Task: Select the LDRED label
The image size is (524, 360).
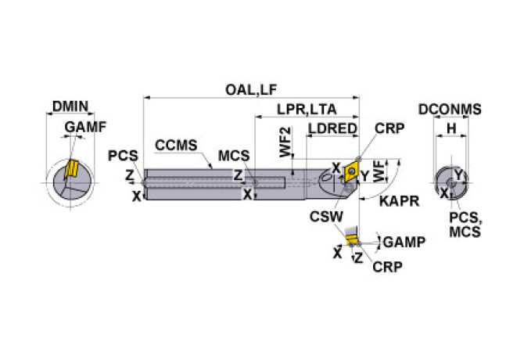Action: (332, 128)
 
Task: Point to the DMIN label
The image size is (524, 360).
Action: (70, 107)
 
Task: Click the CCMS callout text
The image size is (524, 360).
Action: (176, 145)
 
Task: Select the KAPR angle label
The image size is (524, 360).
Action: (398, 201)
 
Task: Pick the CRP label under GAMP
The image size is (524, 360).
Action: (387, 267)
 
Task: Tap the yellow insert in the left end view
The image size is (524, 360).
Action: (71, 168)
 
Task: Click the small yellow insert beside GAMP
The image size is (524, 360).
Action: (352, 240)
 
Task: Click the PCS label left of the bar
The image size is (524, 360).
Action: (123, 155)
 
